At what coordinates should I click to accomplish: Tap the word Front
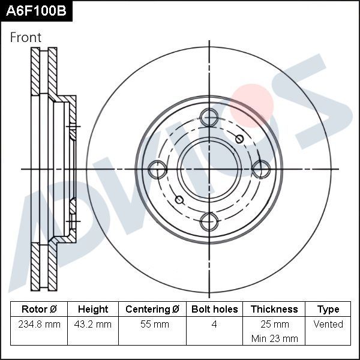[x=26, y=37]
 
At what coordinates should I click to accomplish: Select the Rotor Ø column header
[x=39, y=309]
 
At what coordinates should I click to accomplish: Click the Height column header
[x=93, y=309]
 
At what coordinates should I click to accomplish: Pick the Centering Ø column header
[x=152, y=309]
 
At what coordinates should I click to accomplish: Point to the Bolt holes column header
[x=214, y=309]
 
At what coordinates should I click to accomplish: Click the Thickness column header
[x=274, y=309]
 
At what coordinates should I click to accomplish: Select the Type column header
[x=328, y=309]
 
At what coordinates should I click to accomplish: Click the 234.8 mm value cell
[x=39, y=324]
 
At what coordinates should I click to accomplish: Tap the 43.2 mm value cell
[x=93, y=324]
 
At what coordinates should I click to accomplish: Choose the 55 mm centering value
[x=152, y=324]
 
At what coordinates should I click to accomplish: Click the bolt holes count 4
[x=214, y=324]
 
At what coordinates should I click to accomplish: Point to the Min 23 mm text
[x=274, y=338]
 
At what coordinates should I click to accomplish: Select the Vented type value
[x=328, y=324]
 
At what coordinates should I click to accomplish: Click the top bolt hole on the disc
[x=209, y=118]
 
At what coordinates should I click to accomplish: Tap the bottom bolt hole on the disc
[x=209, y=221]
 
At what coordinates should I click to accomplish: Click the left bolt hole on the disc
[x=157, y=170]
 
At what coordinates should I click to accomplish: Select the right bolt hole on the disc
[x=260, y=170]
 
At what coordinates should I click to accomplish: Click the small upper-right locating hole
[x=239, y=139]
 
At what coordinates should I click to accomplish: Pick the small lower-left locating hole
[x=178, y=200]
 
